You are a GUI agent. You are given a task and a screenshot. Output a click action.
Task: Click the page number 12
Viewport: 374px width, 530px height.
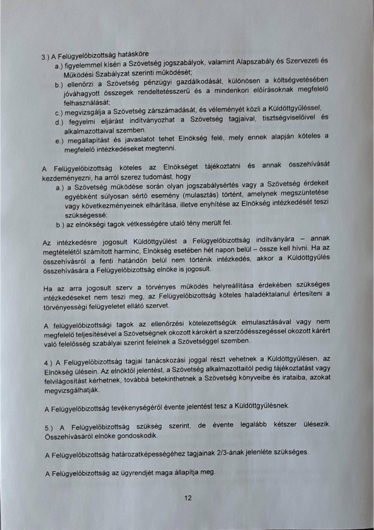pos(187,498)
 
